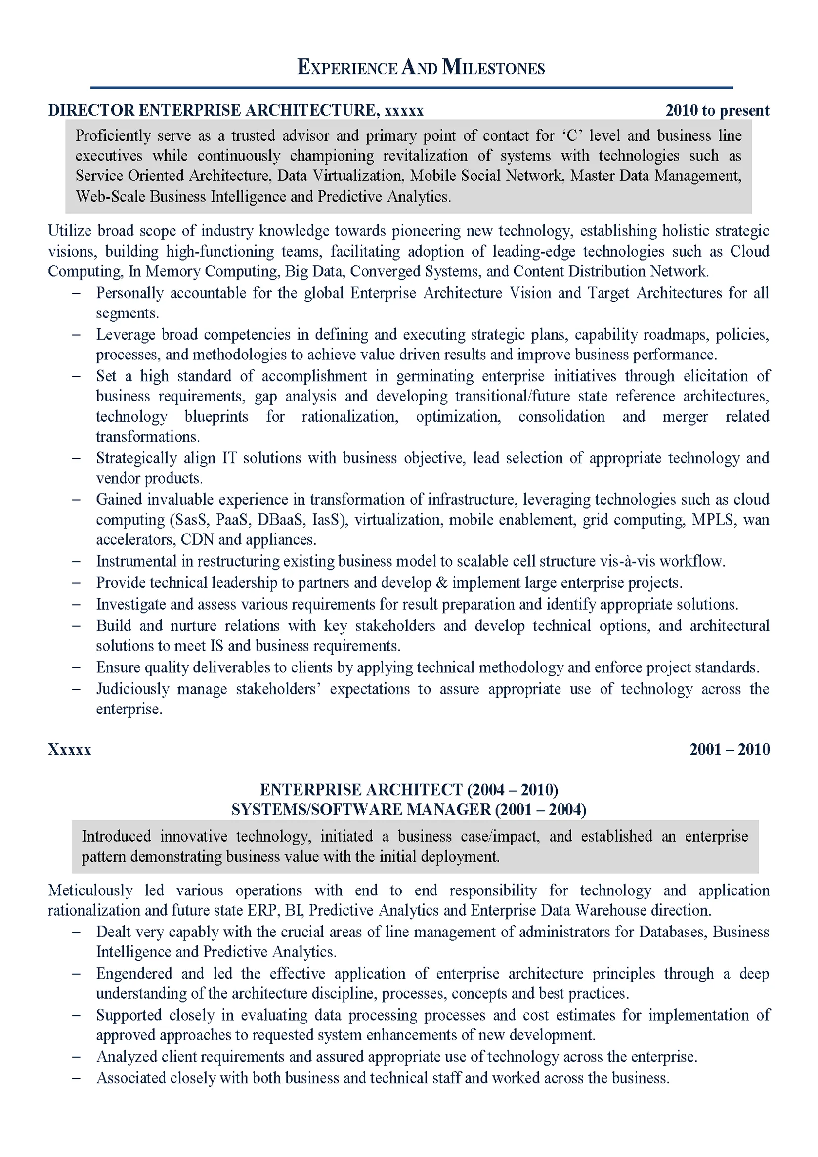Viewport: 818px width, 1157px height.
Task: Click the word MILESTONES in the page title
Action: (493, 68)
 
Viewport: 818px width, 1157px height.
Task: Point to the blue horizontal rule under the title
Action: (411, 88)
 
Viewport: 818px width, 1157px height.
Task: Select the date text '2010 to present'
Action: (717, 110)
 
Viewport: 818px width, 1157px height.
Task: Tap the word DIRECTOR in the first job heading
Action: (91, 110)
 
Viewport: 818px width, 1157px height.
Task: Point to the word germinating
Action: (434, 376)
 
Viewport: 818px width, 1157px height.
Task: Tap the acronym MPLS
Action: (712, 520)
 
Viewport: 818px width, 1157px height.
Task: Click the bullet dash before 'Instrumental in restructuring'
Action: (76, 561)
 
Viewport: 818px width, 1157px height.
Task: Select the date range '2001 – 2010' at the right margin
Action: (730, 749)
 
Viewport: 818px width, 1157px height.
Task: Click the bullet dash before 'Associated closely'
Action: (76, 1078)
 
